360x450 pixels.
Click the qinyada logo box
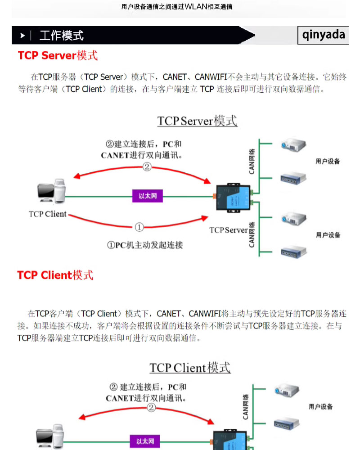tap(324, 35)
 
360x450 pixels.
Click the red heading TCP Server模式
tap(58, 55)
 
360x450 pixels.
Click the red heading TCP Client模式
tap(55, 275)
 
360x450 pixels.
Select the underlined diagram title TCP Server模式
tap(197, 121)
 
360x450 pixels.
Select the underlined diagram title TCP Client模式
tap(190, 368)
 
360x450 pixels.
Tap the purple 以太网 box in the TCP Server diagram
tap(147, 196)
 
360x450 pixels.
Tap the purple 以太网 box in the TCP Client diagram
tap(145, 442)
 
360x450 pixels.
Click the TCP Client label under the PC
tap(47, 214)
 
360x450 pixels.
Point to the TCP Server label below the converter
tap(228, 230)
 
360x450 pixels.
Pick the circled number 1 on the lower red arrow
tap(139, 227)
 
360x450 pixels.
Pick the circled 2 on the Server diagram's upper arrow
tap(147, 167)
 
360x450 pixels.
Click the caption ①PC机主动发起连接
tap(144, 245)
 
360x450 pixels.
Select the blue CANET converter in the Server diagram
tap(232, 197)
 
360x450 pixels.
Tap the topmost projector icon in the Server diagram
tap(293, 145)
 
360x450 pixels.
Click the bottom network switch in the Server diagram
tap(293, 251)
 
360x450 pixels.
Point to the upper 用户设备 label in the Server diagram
tap(328, 161)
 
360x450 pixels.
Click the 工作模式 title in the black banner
tap(62, 36)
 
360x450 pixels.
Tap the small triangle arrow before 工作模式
tap(22, 36)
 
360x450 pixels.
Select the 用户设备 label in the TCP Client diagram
tap(320, 406)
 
